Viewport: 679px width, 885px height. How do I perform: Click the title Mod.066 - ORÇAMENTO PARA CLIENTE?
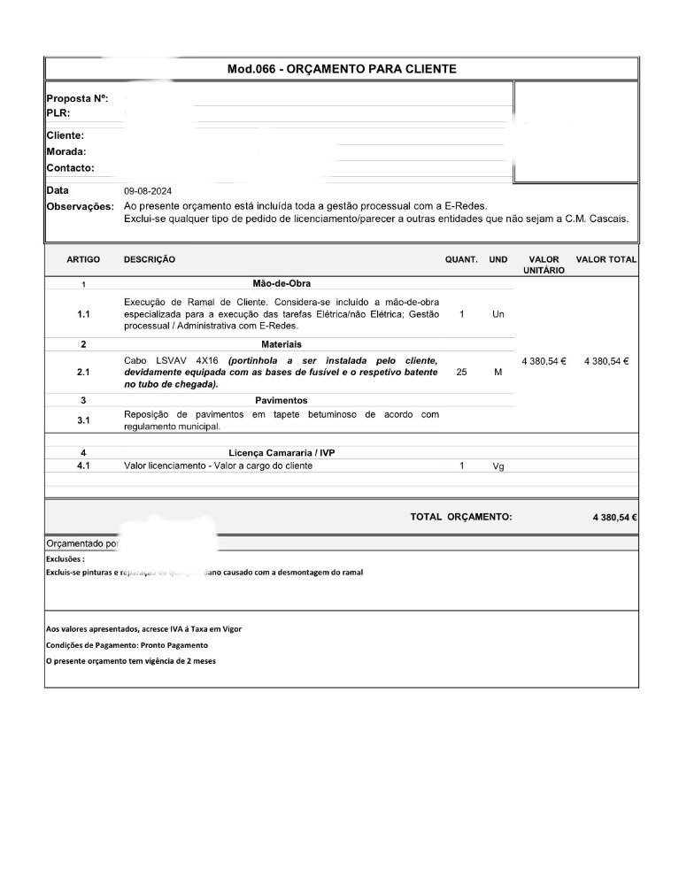pos(342,68)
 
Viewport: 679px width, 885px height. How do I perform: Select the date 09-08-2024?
pos(148,191)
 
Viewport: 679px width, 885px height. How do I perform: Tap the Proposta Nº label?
pos(77,99)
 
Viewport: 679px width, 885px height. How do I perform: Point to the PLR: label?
pos(58,113)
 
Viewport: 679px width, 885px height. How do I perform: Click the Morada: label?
pos(66,151)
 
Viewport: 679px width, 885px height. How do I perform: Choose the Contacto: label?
pos(70,168)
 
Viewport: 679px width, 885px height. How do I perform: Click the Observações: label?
pos(80,206)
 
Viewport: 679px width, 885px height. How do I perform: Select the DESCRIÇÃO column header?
pos(150,259)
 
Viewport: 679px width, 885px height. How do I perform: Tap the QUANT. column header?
pos(461,259)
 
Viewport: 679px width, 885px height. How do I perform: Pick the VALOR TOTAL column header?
pos(606,259)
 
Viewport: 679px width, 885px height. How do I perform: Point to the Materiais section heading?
pos(281,343)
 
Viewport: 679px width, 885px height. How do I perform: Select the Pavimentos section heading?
pos(282,400)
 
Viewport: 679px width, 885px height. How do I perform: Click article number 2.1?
pos(83,373)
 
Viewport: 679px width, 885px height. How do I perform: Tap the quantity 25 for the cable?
pos(461,373)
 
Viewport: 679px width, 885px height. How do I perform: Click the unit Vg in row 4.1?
pos(498,466)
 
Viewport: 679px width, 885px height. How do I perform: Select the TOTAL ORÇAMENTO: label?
pos(460,517)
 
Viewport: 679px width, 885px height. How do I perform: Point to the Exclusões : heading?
pos(66,559)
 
